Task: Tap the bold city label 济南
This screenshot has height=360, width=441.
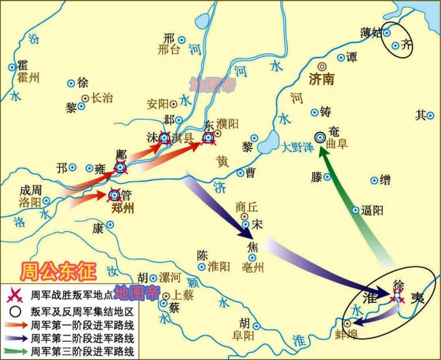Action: point(322,80)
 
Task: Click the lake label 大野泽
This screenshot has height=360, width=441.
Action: point(298,148)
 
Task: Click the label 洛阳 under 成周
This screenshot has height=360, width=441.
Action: point(29,202)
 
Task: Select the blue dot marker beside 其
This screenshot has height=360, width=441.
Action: point(430,116)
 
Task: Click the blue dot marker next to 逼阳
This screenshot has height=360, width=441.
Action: point(355,210)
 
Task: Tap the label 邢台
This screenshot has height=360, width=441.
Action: point(169,50)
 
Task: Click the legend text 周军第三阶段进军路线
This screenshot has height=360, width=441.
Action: point(82,352)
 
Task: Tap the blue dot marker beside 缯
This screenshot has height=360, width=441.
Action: point(374,181)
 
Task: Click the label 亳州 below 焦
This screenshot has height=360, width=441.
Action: point(253,268)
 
